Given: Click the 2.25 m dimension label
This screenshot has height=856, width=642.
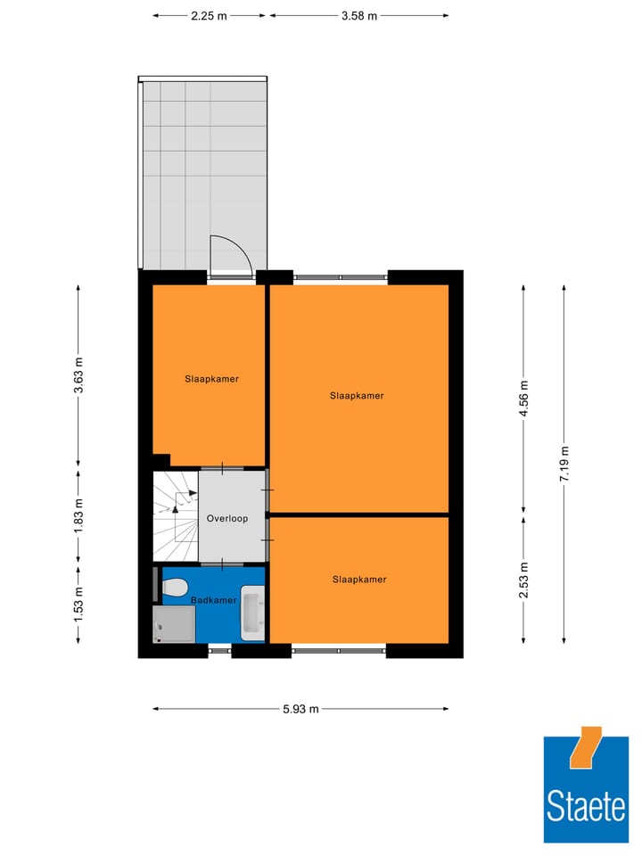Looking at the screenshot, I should (x=209, y=15).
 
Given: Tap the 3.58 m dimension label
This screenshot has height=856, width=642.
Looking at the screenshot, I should (x=358, y=15).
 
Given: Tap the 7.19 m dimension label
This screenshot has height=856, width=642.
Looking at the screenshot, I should (x=564, y=464).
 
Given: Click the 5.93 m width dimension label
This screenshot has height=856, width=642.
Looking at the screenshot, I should (x=300, y=709).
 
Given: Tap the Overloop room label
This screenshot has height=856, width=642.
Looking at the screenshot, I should (x=226, y=518).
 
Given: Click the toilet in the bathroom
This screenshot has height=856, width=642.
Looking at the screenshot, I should (x=174, y=588).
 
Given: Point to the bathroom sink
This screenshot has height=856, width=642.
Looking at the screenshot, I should (x=253, y=613).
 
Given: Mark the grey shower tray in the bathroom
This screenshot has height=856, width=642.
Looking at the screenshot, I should (x=174, y=623).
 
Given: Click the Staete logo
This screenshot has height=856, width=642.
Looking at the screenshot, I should (x=586, y=790).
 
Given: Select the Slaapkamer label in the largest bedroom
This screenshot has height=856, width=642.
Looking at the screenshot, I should (x=357, y=395).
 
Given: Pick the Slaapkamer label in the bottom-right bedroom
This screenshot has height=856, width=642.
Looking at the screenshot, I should (x=359, y=579).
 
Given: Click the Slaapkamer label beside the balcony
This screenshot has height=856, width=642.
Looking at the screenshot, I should (x=211, y=378).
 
